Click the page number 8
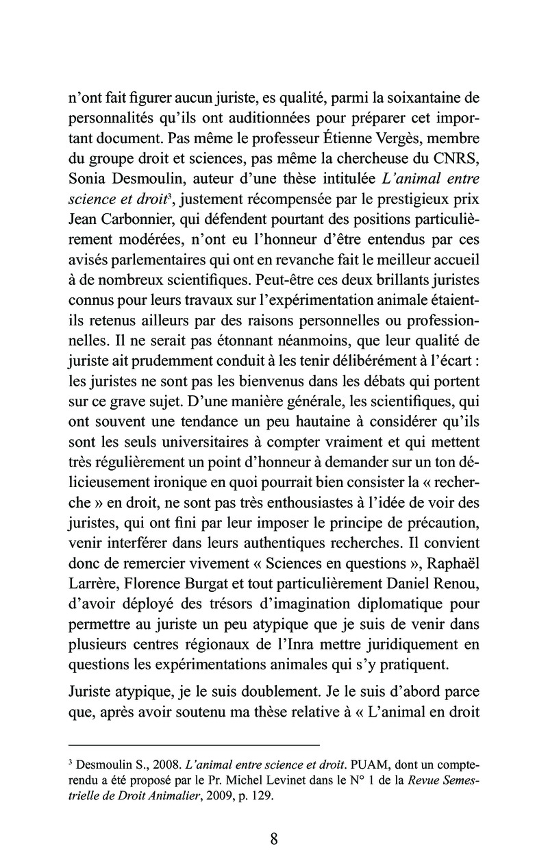(x=273, y=839)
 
